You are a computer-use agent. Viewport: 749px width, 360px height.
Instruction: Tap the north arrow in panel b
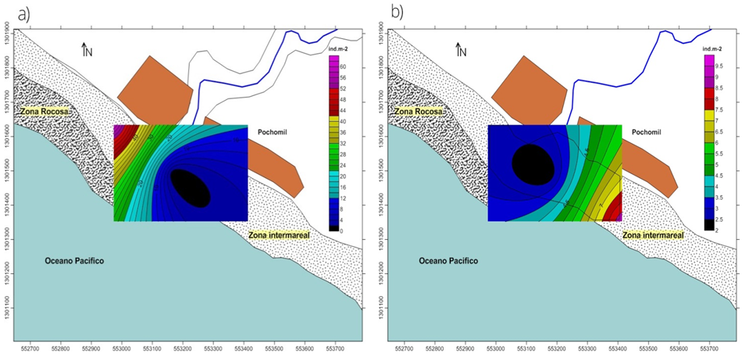tap(461, 50)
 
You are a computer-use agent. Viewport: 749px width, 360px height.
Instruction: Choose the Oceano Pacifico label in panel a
tap(75, 260)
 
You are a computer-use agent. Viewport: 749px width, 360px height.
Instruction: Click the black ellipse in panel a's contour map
tap(190, 187)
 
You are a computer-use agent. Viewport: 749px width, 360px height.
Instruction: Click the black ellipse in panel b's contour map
tap(534, 163)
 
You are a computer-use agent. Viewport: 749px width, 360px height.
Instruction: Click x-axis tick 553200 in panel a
tap(183, 349)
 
